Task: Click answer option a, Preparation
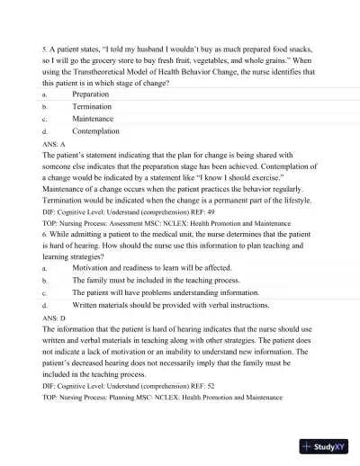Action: (x=90, y=94)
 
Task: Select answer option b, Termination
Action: (x=92, y=106)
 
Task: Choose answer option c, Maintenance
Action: (x=93, y=118)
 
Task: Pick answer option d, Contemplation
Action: (x=95, y=130)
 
